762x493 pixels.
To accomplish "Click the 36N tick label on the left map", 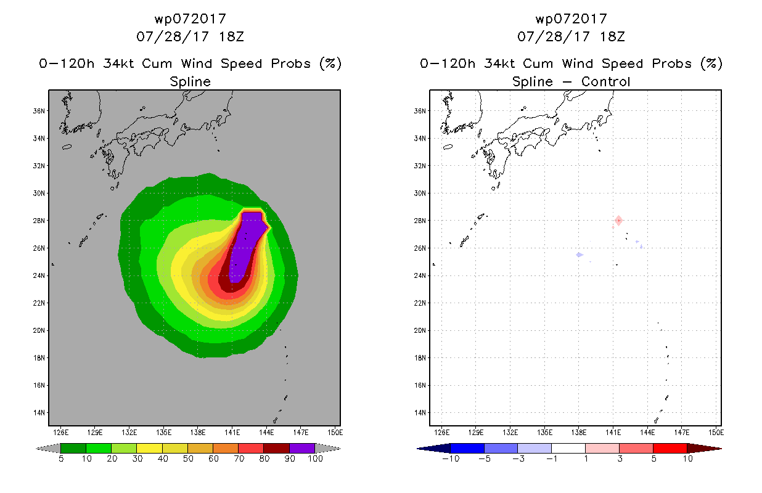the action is click(38, 111).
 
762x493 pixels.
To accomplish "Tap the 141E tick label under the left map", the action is click(232, 433).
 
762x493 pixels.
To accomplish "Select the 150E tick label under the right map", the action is click(716, 433).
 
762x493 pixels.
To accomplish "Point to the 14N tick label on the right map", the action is click(419, 413).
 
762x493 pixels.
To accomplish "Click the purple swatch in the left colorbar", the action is click(302, 448).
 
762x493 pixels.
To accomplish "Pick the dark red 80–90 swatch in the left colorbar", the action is click(277, 448).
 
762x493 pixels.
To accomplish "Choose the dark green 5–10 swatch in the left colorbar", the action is click(73, 448).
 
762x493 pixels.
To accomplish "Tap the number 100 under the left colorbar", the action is click(315, 458).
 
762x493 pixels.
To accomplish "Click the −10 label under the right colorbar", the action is click(451, 458).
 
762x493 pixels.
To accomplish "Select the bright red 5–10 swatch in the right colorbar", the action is click(670, 448).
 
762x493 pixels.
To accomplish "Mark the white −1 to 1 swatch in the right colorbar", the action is click(568, 448).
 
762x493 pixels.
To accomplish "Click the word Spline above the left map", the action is click(190, 82).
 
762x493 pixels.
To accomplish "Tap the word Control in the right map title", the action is click(605, 81).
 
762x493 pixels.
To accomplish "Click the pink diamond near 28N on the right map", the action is click(618, 221).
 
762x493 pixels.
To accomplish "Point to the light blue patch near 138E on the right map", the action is click(580, 255).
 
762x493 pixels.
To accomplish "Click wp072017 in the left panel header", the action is click(190, 19).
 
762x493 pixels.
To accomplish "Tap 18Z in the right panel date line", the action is click(612, 36).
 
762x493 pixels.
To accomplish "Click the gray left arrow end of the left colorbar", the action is click(48, 448).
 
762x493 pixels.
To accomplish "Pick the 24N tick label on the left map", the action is click(38, 275).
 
